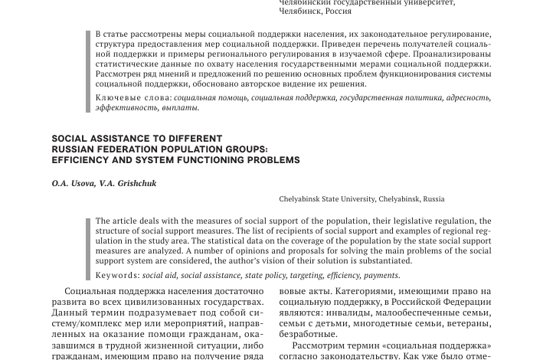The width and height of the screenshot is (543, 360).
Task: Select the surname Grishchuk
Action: coord(138,184)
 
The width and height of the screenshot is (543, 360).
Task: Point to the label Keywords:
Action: coord(117,276)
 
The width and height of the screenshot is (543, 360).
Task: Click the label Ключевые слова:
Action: coord(133,98)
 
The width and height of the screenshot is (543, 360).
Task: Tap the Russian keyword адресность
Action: coord(469,98)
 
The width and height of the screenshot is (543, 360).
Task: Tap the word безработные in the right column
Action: coord(308,334)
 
